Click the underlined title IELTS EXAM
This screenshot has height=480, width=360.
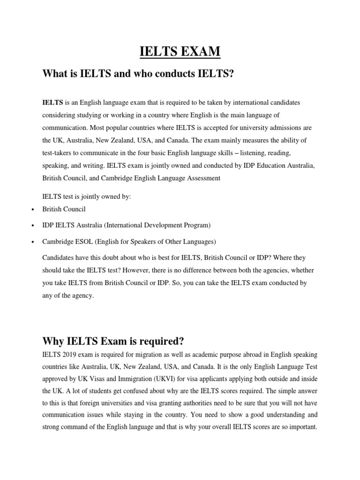[180, 51]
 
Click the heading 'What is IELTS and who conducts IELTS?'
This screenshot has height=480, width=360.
[138, 74]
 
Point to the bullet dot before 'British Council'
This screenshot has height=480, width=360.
[31, 210]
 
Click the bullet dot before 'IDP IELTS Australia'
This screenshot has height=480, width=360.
[31, 226]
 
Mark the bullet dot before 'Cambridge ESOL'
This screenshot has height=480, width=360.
[31, 242]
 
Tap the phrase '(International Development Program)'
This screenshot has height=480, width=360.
[157, 225]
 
